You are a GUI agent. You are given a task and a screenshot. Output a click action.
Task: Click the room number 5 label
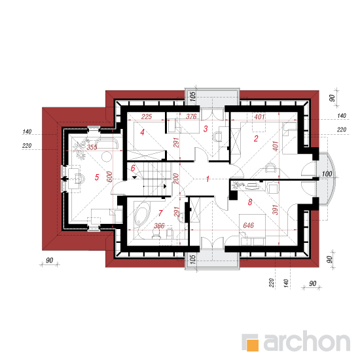pyautogui.click(x=97, y=177)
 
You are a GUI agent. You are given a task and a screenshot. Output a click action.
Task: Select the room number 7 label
pyautogui.click(x=160, y=213)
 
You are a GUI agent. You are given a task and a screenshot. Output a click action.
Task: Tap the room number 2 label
pyautogui.click(x=256, y=139)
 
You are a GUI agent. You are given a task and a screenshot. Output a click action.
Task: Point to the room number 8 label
pyautogui.click(x=250, y=202)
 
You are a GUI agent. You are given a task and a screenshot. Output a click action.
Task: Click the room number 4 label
pyautogui.click(x=142, y=132)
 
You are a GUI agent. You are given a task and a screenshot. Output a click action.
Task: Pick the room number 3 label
pyautogui.click(x=206, y=128)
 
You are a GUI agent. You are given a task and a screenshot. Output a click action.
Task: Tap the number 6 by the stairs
pyautogui.click(x=133, y=168)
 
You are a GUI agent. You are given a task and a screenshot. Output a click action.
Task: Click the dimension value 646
pyautogui.click(x=249, y=225)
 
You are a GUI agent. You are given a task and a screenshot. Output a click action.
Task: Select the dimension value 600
pyautogui.click(x=109, y=177)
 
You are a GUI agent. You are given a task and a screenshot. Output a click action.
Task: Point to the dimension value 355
pyautogui.click(x=92, y=147)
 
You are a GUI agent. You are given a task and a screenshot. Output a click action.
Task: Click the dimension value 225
pyautogui.click(x=147, y=117)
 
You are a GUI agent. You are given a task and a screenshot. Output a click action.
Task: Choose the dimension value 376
pyautogui.click(x=191, y=117)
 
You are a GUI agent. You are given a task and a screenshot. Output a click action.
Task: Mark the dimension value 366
pyautogui.click(x=159, y=226)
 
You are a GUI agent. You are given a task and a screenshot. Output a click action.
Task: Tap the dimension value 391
pyautogui.click(x=275, y=209)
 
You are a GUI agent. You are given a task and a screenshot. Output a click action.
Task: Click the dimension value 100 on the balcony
pyautogui.click(x=327, y=174)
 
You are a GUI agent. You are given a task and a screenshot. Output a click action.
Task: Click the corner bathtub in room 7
pyautogui.click(x=141, y=213)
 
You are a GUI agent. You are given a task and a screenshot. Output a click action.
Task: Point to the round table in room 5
pyautogui.click(x=107, y=157)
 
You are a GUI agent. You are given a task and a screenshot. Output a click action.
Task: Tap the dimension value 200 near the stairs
pyautogui.click(x=175, y=179)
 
